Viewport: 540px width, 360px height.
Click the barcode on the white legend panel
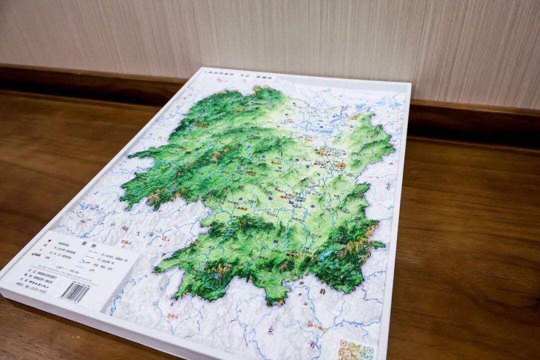[x=75, y=292]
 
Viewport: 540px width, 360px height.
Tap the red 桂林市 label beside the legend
[x=125, y=243]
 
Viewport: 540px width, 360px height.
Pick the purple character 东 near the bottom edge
[x=270, y=330]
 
